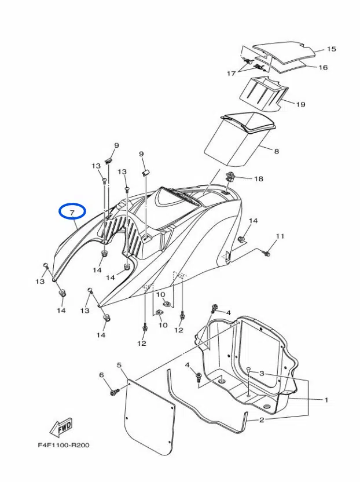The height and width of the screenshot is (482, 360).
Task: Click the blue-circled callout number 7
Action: click(x=72, y=213)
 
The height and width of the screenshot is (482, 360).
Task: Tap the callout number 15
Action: click(x=332, y=49)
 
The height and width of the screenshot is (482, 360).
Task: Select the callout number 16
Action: click(x=323, y=68)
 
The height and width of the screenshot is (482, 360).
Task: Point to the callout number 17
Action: click(x=231, y=74)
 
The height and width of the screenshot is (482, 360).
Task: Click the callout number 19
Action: click(x=300, y=104)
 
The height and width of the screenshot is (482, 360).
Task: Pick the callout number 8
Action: click(x=276, y=151)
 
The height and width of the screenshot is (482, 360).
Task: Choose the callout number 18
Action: click(x=258, y=179)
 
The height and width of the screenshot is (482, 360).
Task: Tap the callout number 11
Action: click(x=280, y=236)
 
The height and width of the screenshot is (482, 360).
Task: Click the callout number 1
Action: click(x=326, y=400)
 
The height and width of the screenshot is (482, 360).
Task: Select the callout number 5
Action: click(x=119, y=366)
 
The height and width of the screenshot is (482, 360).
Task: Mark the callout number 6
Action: click(x=102, y=375)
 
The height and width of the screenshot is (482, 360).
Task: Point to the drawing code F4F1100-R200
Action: click(x=64, y=446)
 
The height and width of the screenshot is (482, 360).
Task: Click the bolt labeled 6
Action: click(x=114, y=393)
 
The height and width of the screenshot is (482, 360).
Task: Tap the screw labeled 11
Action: click(x=267, y=252)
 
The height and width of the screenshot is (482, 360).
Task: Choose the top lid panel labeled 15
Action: click(x=285, y=50)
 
